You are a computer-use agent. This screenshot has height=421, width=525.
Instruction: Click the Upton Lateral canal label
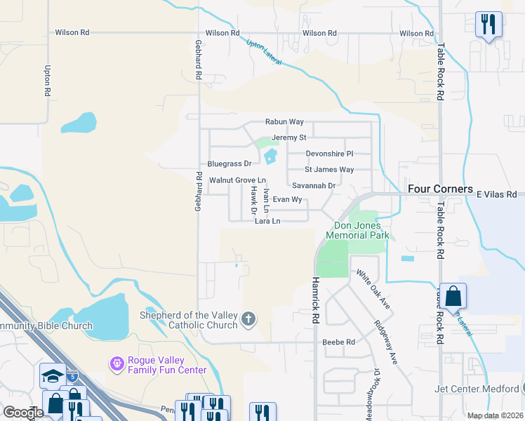[264, 53]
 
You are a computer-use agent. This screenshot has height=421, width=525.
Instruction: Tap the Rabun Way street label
[284, 122]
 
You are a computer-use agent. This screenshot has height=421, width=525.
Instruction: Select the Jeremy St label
[289, 138]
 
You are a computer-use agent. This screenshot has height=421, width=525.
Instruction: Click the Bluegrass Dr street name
[229, 163]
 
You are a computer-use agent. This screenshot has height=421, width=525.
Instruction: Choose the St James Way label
[329, 170]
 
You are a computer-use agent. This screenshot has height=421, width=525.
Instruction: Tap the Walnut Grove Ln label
[238, 180]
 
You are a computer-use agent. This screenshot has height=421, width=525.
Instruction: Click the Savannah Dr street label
[314, 185]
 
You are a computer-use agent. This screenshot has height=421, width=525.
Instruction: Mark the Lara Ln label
[267, 221]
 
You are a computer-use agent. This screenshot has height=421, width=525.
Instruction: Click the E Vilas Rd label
[496, 194]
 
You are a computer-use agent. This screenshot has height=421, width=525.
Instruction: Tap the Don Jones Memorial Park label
[361, 231]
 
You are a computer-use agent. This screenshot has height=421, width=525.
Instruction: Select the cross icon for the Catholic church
[247, 320]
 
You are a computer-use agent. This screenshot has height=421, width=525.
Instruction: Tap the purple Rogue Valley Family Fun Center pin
[117, 363]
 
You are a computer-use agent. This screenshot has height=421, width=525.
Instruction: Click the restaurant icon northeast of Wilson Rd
[488, 25]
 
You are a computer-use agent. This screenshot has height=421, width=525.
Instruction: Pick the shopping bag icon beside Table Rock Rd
[453, 296]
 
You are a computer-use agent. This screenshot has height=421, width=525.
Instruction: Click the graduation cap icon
[53, 376]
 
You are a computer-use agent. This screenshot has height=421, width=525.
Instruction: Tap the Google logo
[23, 413]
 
